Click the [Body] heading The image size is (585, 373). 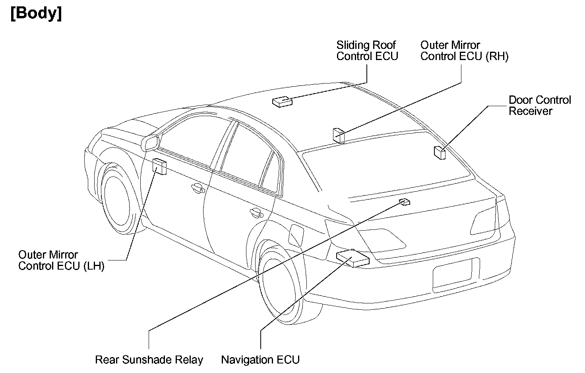pyautogui.click(x=36, y=14)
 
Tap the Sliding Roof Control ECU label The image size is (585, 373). pyautogui.click(x=367, y=51)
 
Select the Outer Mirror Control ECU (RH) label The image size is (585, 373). pyautogui.click(x=464, y=51)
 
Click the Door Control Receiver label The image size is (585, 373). pyautogui.click(x=539, y=105)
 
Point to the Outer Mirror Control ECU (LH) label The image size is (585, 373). pyautogui.click(x=61, y=260)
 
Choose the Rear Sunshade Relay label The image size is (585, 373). pyautogui.click(x=149, y=360)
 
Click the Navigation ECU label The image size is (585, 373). pyautogui.click(x=260, y=360)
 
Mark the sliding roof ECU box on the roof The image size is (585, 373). pyautogui.click(x=282, y=101)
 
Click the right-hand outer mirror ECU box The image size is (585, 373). pyautogui.click(x=339, y=134)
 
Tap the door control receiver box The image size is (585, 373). pyautogui.click(x=439, y=152)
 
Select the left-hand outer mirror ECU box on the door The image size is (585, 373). pyautogui.click(x=160, y=166)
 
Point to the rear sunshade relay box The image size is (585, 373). pyautogui.click(x=405, y=202)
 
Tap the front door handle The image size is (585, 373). pyautogui.click(x=197, y=187)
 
